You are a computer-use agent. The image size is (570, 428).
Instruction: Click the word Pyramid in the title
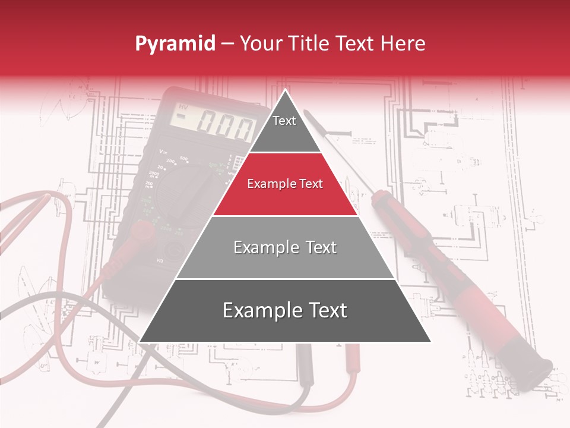(175, 43)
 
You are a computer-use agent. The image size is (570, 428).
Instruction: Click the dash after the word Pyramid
(227, 44)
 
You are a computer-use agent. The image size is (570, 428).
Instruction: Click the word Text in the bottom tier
(325, 311)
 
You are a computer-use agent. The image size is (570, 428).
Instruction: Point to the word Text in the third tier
(319, 247)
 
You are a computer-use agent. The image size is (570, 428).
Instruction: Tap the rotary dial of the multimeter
(181, 196)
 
